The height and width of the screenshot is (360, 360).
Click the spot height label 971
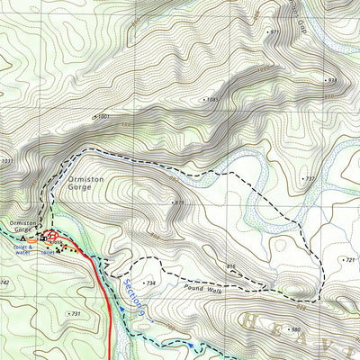pyautogui.click(x=274, y=31)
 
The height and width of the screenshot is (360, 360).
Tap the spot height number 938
pyautogui.click(x=331, y=80)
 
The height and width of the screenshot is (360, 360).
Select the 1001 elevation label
pyautogui.click(x=103, y=116)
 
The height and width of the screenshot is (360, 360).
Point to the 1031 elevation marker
pyautogui.click(x=7, y=161)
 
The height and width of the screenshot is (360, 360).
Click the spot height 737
pyautogui.click(x=310, y=179)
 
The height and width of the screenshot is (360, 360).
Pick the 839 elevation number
pyautogui.click(x=179, y=202)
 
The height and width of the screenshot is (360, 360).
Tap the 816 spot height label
pyautogui.click(x=230, y=266)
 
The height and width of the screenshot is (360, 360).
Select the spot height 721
pyautogui.click(x=350, y=260)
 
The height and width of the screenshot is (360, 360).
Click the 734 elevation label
pyautogui.click(x=151, y=283)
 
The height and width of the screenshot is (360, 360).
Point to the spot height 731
pyautogui.click(x=76, y=313)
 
